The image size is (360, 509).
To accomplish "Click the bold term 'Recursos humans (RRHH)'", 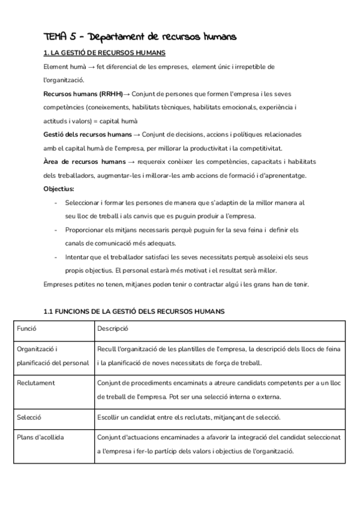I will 83,94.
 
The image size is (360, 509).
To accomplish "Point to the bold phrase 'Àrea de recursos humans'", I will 83,162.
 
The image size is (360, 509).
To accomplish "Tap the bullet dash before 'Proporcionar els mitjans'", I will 56,230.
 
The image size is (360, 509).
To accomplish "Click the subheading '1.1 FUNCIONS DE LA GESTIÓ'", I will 134,312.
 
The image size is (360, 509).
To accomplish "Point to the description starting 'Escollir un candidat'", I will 197,417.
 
